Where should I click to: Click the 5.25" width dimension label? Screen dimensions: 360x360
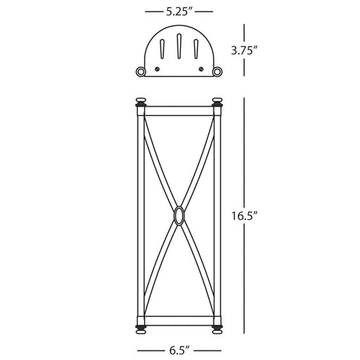(x=179, y=12)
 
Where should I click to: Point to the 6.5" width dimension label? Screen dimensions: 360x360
(x=179, y=351)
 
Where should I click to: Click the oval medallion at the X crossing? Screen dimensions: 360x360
(x=178, y=215)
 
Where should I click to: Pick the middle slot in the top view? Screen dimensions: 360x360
(x=179, y=46)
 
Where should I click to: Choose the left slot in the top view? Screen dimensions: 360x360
(x=162, y=49)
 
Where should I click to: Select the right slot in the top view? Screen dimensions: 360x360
(x=196, y=49)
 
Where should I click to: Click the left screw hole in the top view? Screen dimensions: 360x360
(x=157, y=69)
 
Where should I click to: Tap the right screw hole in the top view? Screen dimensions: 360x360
(x=201, y=69)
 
